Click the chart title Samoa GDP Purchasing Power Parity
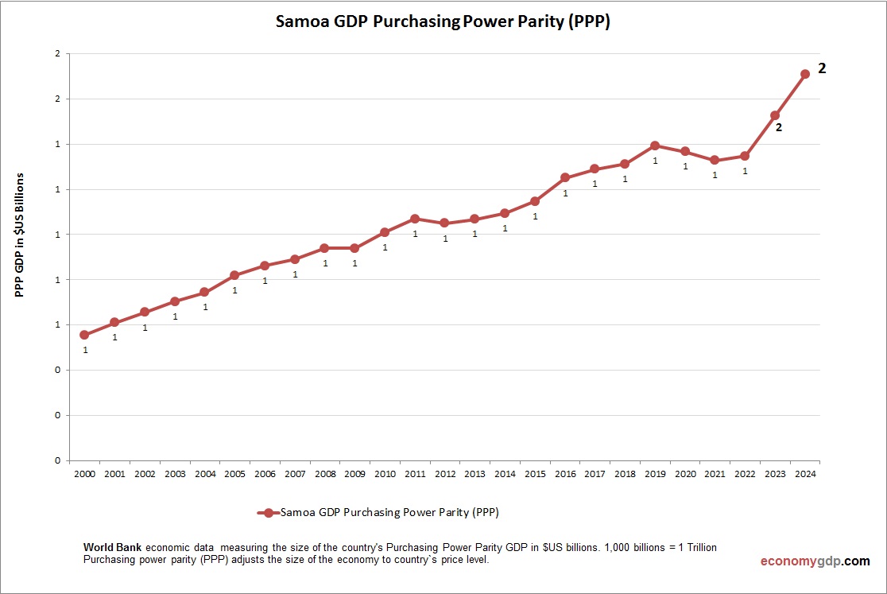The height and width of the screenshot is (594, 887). coord(443,22)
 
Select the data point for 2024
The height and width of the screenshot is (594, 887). coord(804,74)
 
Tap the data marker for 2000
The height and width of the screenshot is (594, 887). coord(84,335)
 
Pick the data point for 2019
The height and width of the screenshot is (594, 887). coord(655,146)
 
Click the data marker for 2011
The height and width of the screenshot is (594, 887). coord(415,219)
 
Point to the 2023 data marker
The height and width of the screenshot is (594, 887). coord(775,115)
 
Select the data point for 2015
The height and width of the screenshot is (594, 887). coord(535,201)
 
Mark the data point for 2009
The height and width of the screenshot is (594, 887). coord(354,248)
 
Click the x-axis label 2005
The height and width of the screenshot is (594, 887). coord(234,474)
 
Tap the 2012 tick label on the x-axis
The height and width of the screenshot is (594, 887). coord(445,474)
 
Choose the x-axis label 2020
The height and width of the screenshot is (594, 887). coord(685,474)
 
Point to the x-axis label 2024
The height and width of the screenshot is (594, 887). coord(804,474)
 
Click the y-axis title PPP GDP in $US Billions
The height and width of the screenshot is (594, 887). coord(21,235)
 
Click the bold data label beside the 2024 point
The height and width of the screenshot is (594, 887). coord(823,69)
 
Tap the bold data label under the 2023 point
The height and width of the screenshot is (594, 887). coord(779,127)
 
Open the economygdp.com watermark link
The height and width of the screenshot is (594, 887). coord(815,561)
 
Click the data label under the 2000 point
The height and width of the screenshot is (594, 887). coord(85,350)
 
